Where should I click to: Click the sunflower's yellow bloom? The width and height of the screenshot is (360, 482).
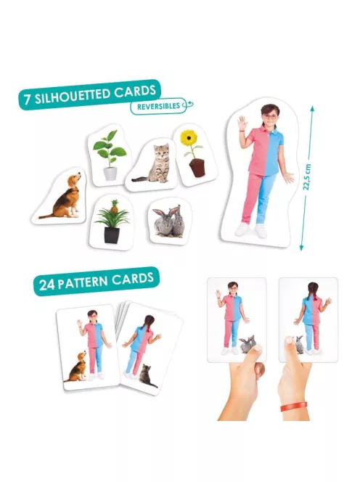click(x=189, y=139)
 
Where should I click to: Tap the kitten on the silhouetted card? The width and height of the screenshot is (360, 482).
click(x=153, y=164)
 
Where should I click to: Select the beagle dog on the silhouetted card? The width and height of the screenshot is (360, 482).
click(x=62, y=197)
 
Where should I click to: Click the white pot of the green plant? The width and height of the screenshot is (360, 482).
click(x=110, y=173)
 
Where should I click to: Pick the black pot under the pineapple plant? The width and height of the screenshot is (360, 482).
click(x=112, y=235)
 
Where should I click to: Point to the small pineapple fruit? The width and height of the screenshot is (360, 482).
click(x=114, y=207)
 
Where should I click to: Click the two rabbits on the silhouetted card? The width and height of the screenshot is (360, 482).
click(x=167, y=221)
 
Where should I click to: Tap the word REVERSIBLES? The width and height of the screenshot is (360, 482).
click(x=158, y=107)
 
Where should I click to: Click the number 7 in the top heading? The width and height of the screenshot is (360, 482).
click(x=28, y=99)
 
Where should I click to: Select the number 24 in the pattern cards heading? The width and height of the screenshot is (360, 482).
click(x=46, y=285)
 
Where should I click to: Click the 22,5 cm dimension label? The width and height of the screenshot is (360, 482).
click(x=307, y=176)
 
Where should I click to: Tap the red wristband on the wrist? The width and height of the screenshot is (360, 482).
click(x=293, y=407)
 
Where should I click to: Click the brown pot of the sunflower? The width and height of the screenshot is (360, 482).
click(x=197, y=168)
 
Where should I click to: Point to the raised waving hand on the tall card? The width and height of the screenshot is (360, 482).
click(x=242, y=123)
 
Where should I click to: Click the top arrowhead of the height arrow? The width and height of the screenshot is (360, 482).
click(x=312, y=108)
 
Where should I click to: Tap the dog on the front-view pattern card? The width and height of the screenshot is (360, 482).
click(x=75, y=367)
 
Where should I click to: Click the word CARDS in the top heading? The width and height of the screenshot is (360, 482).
click(x=135, y=92)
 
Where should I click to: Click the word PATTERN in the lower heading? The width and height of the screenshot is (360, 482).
click(x=83, y=282)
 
